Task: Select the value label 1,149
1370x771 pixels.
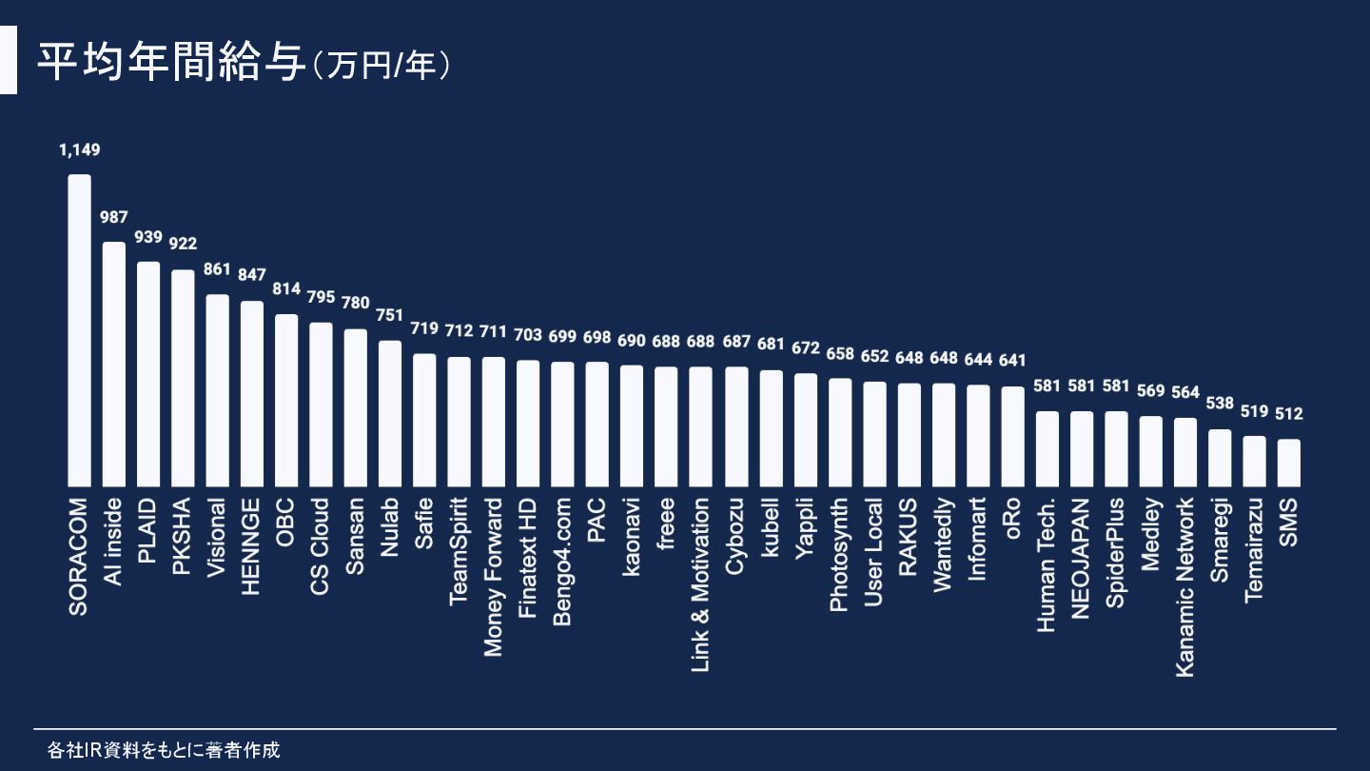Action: (x=79, y=149)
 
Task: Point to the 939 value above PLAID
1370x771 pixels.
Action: (x=148, y=237)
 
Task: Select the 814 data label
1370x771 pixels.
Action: (x=286, y=288)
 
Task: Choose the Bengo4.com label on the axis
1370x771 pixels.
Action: (x=562, y=561)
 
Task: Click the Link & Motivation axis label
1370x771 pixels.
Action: (x=700, y=584)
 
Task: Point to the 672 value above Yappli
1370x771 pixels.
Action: (x=805, y=348)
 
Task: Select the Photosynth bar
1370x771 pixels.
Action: (x=839, y=431)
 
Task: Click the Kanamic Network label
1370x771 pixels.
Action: (x=1184, y=586)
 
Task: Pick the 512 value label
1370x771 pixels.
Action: (x=1289, y=414)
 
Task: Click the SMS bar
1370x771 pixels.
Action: (x=1289, y=462)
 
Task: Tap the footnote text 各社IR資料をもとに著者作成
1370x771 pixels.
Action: (x=164, y=750)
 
